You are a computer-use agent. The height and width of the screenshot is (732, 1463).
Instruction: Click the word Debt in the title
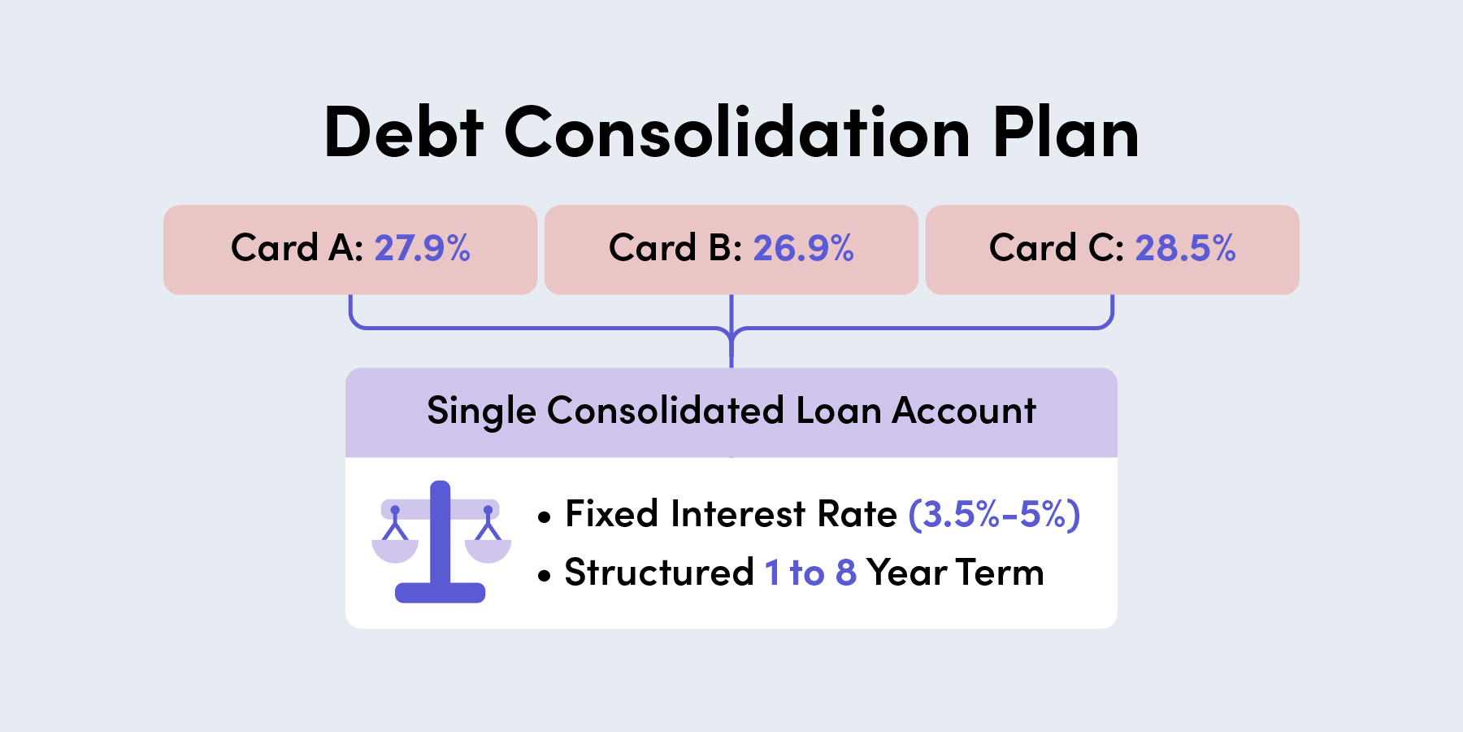[x=404, y=132]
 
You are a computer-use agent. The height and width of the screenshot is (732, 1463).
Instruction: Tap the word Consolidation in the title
[x=738, y=132]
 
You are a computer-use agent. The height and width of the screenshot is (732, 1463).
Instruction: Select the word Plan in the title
[x=1066, y=132]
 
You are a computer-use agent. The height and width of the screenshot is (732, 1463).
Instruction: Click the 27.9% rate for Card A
[x=423, y=248]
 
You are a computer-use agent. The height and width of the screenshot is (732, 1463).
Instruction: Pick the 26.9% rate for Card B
[x=803, y=248]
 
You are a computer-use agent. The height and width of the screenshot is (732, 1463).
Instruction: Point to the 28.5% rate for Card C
[x=1185, y=248]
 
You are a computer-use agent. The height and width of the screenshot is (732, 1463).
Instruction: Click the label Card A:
[x=297, y=248]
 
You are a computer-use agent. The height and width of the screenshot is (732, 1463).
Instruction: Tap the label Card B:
[x=675, y=248]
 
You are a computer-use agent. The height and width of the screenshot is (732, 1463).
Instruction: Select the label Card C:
[x=1057, y=248]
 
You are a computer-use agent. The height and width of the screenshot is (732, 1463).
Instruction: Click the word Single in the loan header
[x=481, y=412]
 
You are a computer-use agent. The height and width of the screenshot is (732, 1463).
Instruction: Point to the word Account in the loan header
[x=964, y=411]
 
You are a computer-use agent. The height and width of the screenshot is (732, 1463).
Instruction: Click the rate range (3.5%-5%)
[x=994, y=514]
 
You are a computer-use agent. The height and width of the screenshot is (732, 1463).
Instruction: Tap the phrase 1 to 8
[x=810, y=573]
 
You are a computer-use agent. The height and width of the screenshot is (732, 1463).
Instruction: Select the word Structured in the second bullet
[x=659, y=573]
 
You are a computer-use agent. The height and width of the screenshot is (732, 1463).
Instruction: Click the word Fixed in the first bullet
[x=612, y=514]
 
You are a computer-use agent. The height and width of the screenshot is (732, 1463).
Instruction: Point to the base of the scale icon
[x=440, y=593]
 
